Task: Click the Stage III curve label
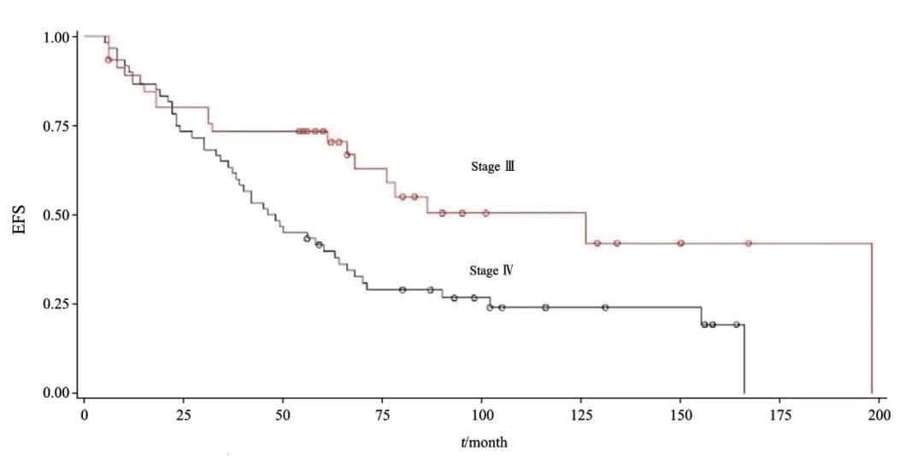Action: pos(492,167)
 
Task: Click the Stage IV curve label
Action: pos(491,271)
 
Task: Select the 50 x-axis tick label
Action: pos(283,414)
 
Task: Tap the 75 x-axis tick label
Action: pos(382,414)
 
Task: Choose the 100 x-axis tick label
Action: pos(482,414)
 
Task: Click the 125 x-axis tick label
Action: pos(581,414)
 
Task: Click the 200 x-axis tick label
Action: pos(879,414)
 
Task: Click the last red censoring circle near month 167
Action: pos(749,244)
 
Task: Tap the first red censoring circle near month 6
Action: pos(109,60)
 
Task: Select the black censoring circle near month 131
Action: pos(605,308)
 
